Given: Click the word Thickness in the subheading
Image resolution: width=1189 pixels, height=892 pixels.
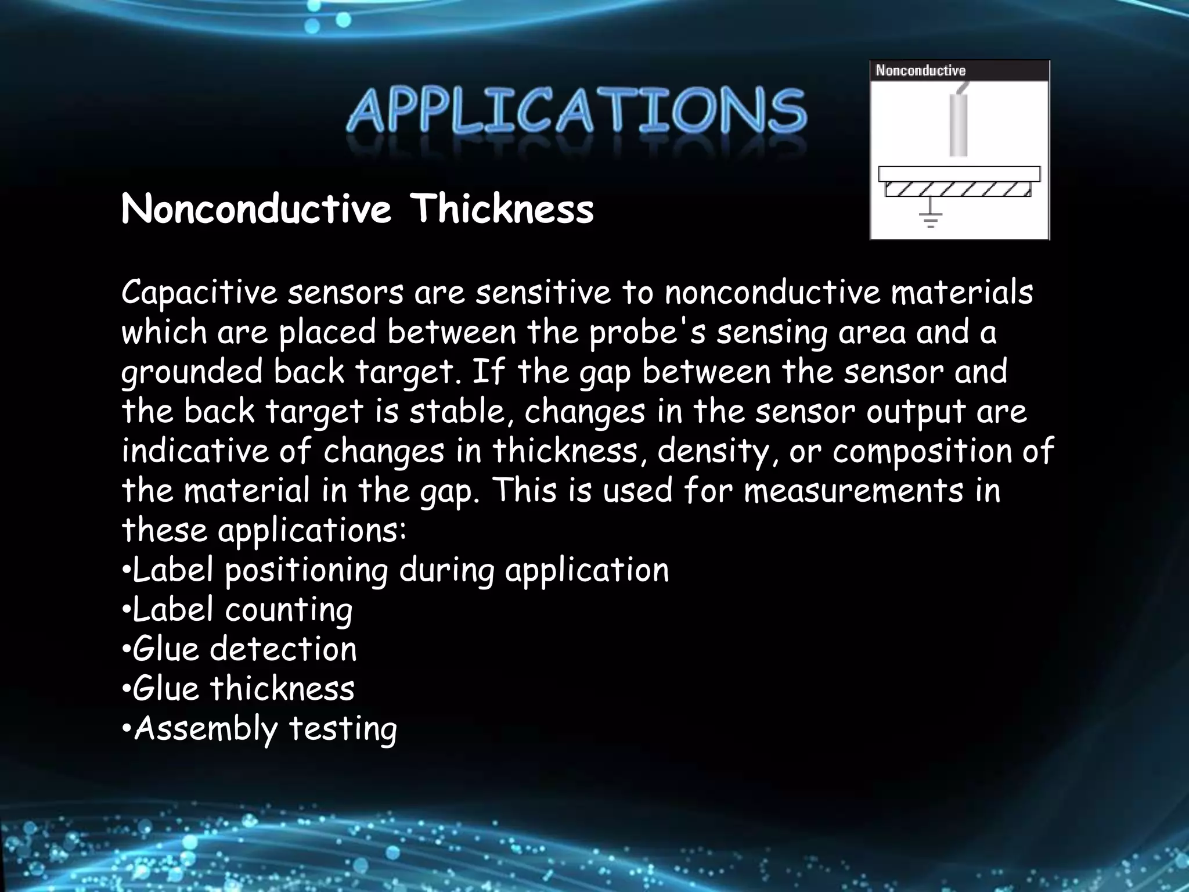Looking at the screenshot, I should pyautogui.click(x=502, y=209).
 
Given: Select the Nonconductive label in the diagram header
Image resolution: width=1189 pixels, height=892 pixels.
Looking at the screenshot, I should pyautogui.click(x=920, y=71).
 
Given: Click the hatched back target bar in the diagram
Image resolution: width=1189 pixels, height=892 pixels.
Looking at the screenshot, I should pyautogui.click(x=958, y=190).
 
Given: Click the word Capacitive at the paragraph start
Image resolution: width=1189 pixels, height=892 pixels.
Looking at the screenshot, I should pyautogui.click(x=199, y=293).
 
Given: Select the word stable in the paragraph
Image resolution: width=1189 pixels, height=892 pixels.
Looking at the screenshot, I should pyautogui.click(x=456, y=412).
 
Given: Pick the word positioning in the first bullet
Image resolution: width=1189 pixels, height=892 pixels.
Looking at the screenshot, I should pyautogui.click(x=306, y=571).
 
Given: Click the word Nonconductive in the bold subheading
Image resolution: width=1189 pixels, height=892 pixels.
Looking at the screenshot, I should pyautogui.click(x=256, y=209).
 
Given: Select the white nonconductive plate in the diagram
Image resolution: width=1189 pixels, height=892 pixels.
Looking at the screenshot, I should pyautogui.click(x=959, y=174).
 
